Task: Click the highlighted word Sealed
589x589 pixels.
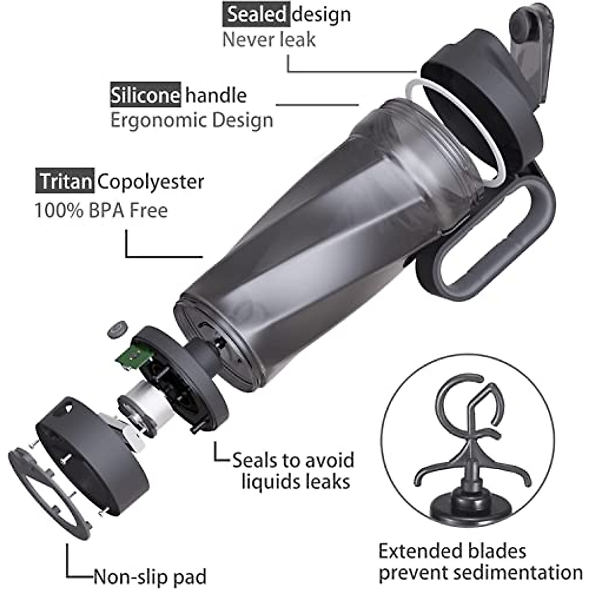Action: tap(255, 14)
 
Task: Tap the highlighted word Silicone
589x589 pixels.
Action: tap(145, 95)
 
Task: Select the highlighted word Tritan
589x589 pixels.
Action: tap(65, 181)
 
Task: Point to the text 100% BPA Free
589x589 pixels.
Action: tap(101, 210)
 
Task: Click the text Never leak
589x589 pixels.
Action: tap(268, 39)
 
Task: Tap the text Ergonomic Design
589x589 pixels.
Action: tap(191, 120)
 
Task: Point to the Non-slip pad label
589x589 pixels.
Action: tap(150, 576)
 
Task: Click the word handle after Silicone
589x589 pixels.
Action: tap(216, 95)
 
